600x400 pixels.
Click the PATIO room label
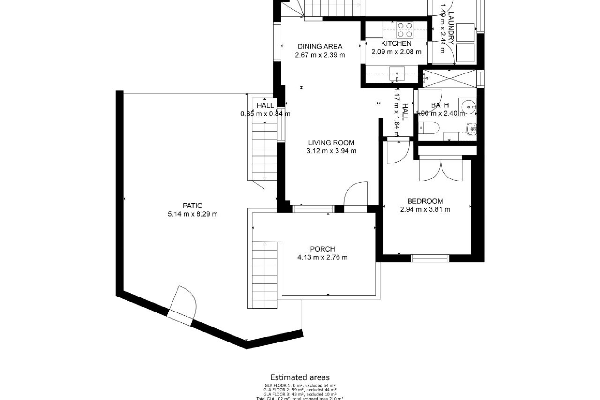pyautogui.click(x=192, y=206)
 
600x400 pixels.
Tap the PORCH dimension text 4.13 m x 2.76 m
pyautogui.click(x=322, y=257)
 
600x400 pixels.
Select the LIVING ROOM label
pyautogui.click(x=331, y=143)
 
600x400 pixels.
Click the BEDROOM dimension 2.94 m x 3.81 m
pyautogui.click(x=425, y=210)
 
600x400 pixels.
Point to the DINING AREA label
pyautogui.click(x=320, y=47)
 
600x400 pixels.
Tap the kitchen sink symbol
pyautogui.click(x=397, y=74)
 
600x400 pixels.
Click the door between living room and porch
pyautogui.click(x=355, y=195)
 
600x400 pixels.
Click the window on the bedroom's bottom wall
pyautogui.click(x=430, y=258)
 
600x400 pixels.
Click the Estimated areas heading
pyautogui.click(x=300, y=377)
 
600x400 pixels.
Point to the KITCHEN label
pyautogui.click(x=396, y=43)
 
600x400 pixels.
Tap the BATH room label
pyautogui.click(x=440, y=105)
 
